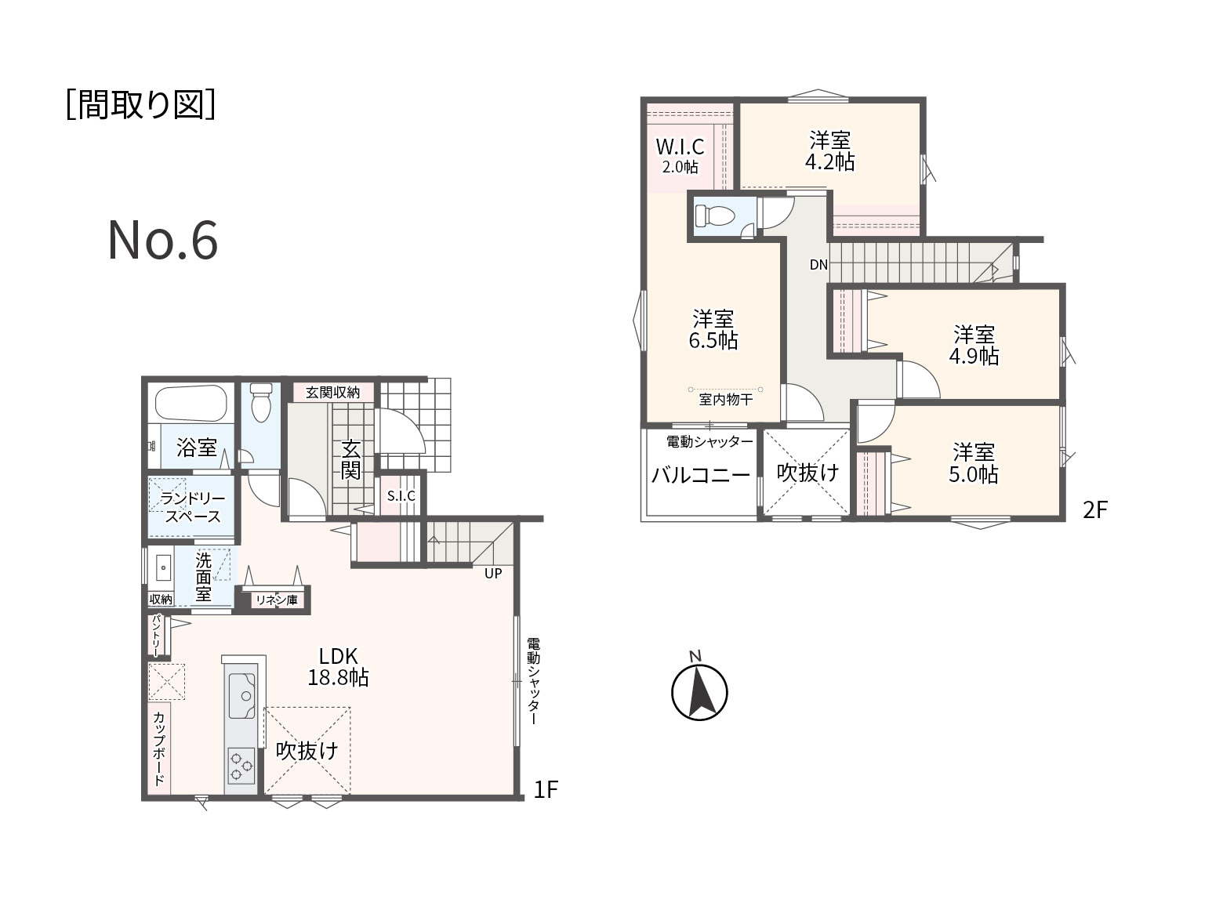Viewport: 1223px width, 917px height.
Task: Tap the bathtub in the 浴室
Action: tap(191, 404)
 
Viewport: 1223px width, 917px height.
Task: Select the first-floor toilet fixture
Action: tap(261, 403)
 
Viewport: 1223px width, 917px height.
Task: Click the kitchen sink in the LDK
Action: tap(242, 695)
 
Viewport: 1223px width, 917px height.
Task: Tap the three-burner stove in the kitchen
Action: tap(241, 766)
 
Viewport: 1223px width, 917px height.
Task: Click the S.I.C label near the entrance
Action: tap(401, 495)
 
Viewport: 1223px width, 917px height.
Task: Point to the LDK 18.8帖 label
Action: tap(338, 667)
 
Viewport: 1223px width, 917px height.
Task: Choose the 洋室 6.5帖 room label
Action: tap(713, 330)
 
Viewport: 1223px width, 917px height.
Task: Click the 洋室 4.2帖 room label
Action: tap(829, 151)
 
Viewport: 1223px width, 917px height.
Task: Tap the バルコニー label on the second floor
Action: tap(701, 475)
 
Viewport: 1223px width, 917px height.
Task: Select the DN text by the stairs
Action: tap(818, 265)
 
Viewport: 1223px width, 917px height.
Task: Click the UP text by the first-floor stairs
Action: tap(493, 573)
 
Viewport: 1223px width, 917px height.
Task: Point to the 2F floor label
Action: tap(1095, 510)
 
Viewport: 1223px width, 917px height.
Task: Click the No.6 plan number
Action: tap(163, 240)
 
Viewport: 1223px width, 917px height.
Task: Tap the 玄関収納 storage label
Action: tap(332, 393)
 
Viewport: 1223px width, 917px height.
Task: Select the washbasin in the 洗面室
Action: tap(163, 568)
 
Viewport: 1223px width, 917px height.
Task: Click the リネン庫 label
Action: tap(277, 600)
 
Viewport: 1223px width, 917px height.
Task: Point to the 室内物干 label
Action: tap(726, 399)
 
